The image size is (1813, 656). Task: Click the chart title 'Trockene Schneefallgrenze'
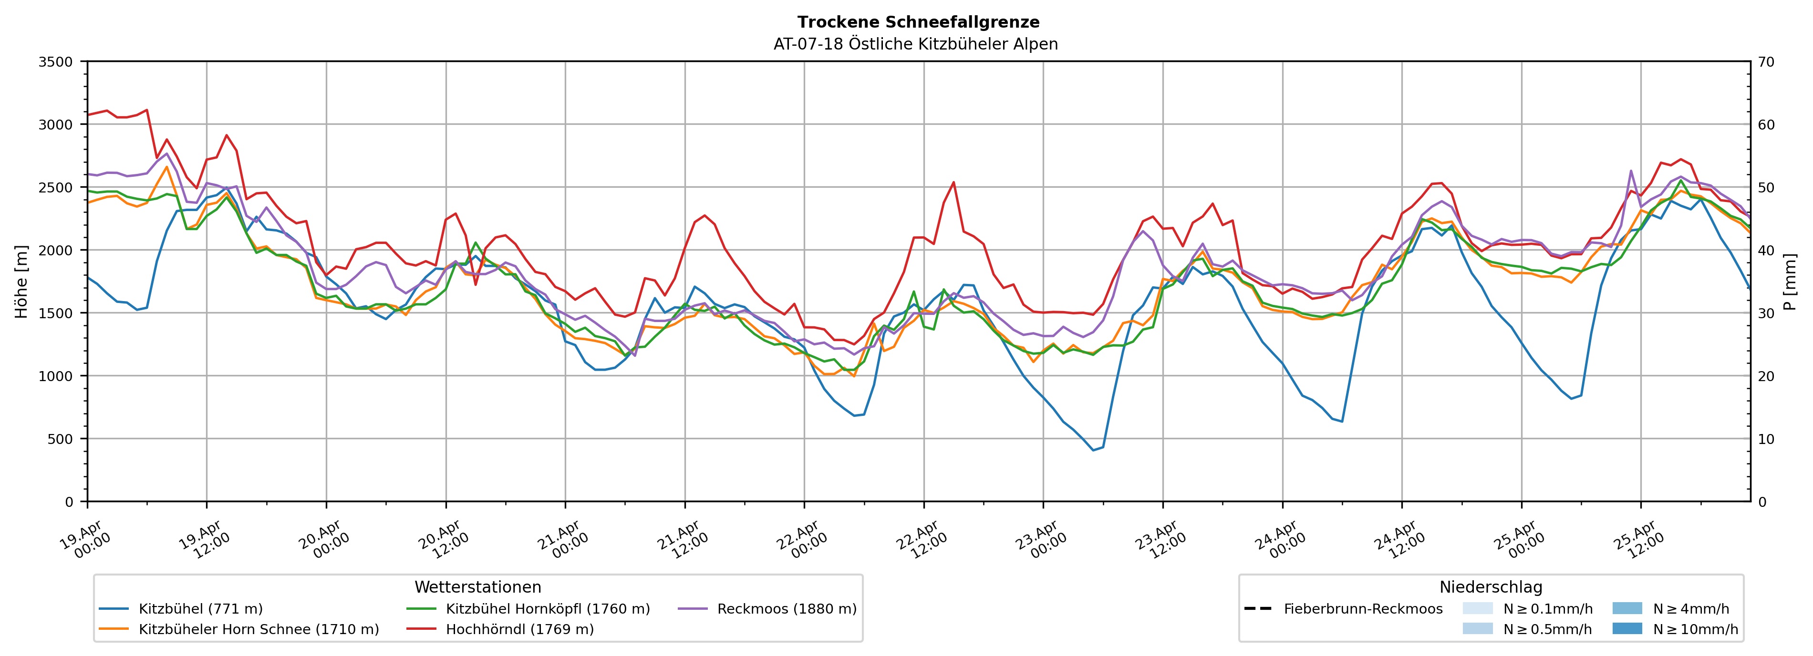pyautogui.click(x=918, y=22)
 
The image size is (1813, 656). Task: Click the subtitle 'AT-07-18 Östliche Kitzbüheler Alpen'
pyautogui.click(x=915, y=44)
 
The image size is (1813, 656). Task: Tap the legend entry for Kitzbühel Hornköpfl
pyautogui.click(x=548, y=609)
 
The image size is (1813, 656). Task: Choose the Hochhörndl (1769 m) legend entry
pyautogui.click(x=519, y=629)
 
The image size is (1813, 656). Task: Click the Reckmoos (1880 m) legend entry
pyautogui.click(x=786, y=609)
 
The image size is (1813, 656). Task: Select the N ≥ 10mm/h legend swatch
pyautogui.click(x=1627, y=628)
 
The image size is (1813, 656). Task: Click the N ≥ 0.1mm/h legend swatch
pyautogui.click(x=1477, y=608)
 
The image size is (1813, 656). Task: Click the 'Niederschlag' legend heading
pyautogui.click(x=1491, y=587)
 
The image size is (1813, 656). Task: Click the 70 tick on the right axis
pyautogui.click(x=1767, y=62)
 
